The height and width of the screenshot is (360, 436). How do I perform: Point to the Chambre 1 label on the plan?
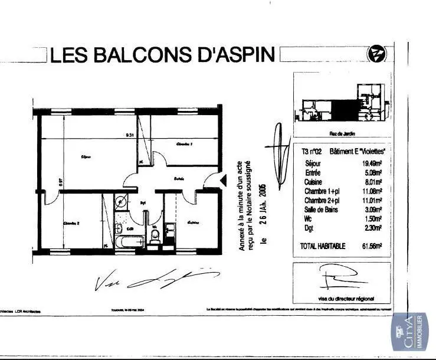(185, 144)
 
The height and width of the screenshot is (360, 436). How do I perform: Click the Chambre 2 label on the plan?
(71, 222)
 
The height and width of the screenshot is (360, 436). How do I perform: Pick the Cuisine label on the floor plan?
(193, 222)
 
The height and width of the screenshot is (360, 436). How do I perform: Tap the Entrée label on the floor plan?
(179, 178)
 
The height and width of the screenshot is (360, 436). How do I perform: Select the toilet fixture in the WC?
(155, 237)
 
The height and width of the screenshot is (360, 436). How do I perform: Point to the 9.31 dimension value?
(130, 135)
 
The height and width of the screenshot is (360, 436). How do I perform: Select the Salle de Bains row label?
(322, 210)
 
